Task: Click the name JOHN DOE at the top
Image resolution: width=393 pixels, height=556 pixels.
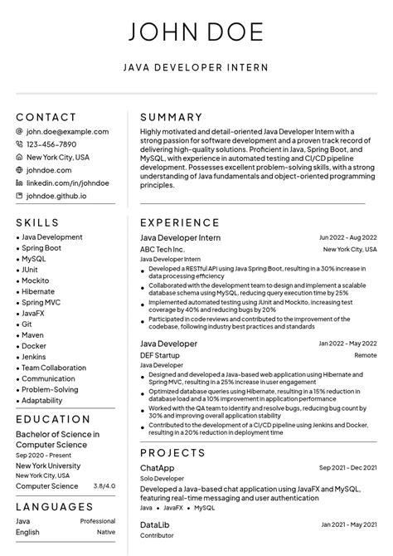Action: (196, 32)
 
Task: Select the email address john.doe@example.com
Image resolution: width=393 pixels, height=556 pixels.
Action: (67, 131)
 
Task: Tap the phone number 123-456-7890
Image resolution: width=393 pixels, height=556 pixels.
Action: (51, 144)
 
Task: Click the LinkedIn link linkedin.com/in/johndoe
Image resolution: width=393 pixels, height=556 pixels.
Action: (68, 183)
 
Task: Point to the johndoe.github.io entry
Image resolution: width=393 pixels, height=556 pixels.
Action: (56, 196)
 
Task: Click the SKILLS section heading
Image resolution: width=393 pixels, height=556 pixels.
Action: (37, 222)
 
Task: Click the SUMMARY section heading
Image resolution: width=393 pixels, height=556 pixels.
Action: (171, 118)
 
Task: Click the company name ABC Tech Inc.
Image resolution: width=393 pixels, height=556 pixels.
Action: (163, 249)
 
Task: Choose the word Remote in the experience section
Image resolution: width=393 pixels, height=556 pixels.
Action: (365, 355)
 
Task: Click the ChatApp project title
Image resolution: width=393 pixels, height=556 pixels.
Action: (157, 468)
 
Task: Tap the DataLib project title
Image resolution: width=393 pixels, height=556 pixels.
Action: (155, 525)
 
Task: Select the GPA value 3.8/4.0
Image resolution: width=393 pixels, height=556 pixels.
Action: (104, 485)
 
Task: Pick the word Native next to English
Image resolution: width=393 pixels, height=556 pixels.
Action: (106, 532)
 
